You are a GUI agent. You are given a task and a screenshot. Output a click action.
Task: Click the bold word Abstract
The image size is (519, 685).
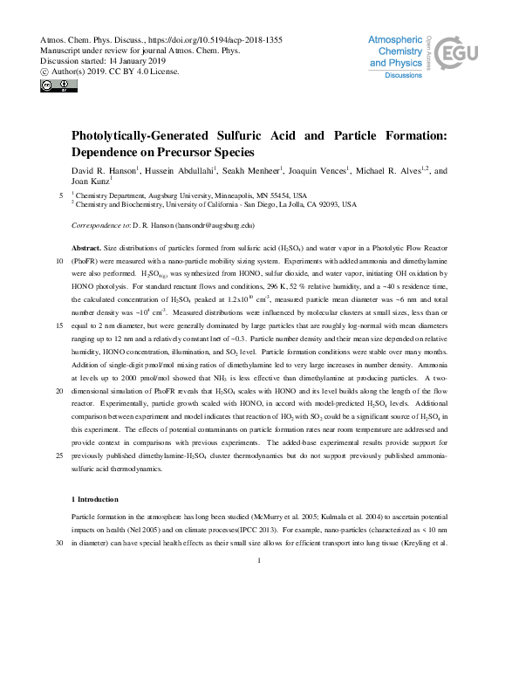(86, 249)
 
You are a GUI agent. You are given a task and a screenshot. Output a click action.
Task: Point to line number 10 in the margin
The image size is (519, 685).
(58, 261)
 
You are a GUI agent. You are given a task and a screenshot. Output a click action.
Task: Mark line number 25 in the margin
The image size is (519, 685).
(58, 456)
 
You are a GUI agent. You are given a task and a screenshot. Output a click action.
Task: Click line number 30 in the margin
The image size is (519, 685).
(58, 543)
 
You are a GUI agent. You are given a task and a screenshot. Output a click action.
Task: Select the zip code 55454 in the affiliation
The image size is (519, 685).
(274, 195)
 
